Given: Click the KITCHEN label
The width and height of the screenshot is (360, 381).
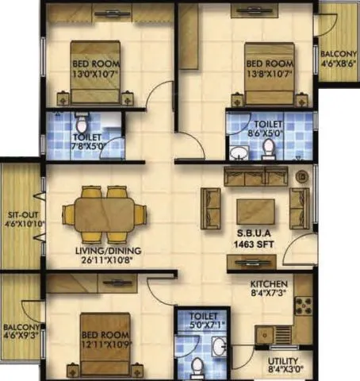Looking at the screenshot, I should tap(270, 283).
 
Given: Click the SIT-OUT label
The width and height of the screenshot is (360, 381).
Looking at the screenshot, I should tap(18, 215).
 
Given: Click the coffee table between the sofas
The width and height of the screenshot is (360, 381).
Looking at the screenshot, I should tap(255, 211).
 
